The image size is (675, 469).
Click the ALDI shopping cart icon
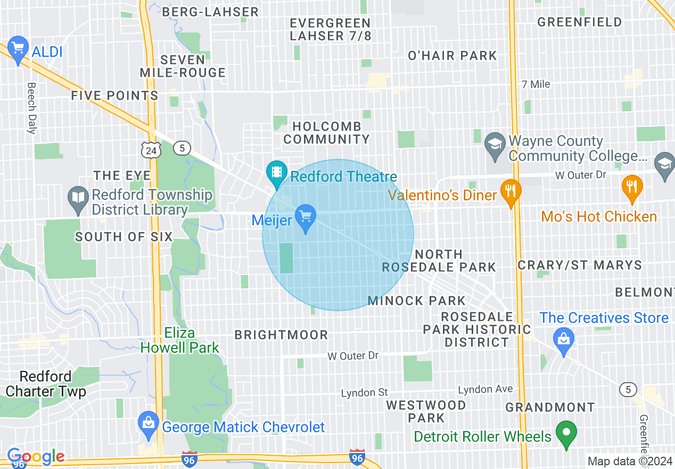click(18, 49)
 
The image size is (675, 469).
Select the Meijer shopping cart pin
click(305, 217)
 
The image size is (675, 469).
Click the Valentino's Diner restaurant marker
click(511, 191)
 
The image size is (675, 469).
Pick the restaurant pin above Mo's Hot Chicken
click(632, 187)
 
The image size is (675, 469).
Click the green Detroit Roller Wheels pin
click(566, 432)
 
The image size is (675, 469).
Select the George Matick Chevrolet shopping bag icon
click(148, 424)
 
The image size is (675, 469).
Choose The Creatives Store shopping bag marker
click(564, 339)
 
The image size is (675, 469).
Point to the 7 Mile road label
click(536, 84)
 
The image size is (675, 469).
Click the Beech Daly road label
click(32, 108)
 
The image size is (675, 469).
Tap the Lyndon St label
click(365, 393)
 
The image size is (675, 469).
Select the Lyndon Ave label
click(485, 390)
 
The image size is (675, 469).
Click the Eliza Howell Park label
click(180, 341)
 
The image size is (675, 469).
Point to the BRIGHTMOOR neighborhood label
click(282, 335)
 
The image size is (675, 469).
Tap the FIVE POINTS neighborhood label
click(115, 96)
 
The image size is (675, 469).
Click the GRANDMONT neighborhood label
click(550, 408)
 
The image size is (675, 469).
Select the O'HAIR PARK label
click(452, 55)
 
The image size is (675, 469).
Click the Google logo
click(36, 456)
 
